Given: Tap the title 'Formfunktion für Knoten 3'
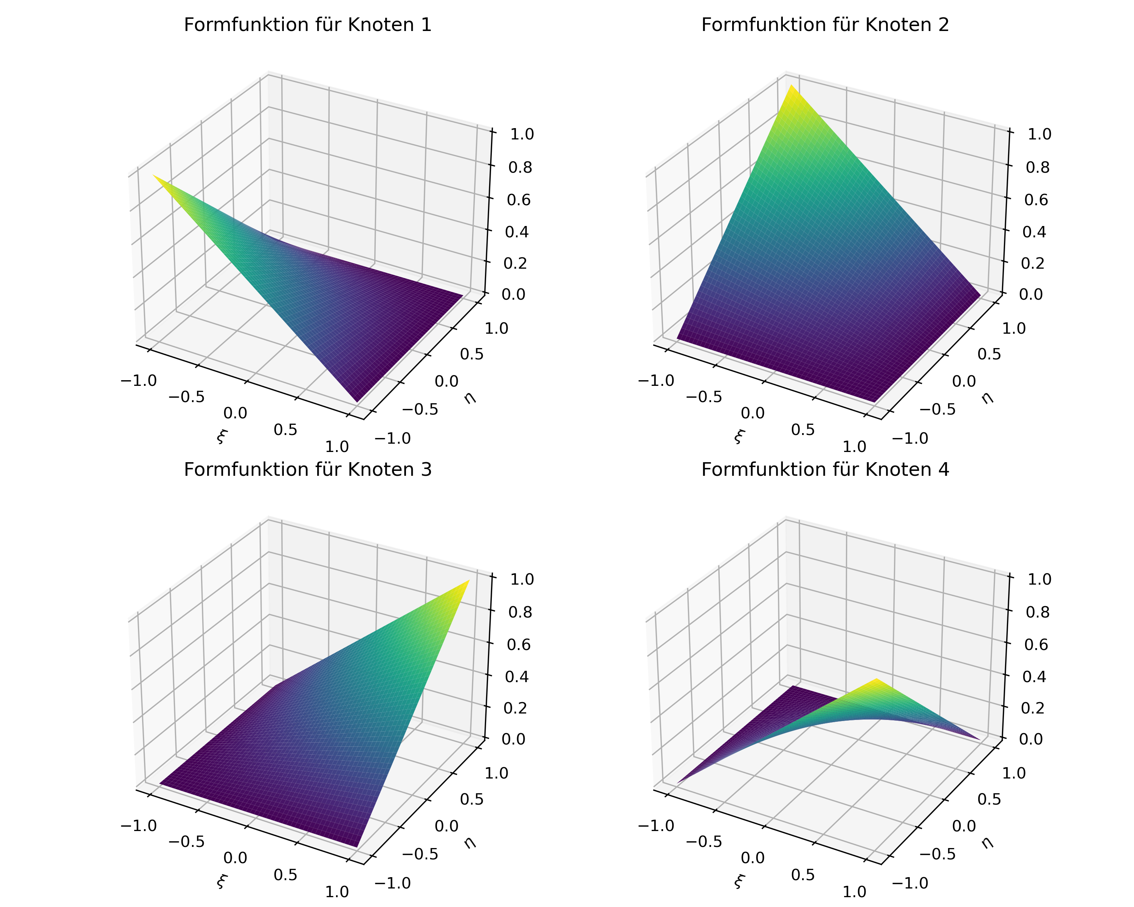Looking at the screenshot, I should (x=308, y=469).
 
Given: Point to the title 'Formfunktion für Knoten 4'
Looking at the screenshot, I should (x=825, y=469).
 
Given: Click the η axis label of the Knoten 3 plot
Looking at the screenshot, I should (x=470, y=842).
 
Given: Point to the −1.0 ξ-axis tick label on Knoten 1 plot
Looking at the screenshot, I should (x=139, y=381).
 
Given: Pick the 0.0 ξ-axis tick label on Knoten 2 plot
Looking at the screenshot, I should (x=752, y=413).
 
